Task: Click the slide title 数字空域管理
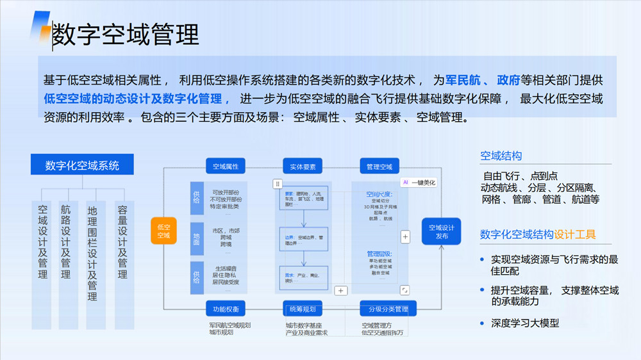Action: click(125, 35)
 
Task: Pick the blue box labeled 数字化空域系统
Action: click(82, 165)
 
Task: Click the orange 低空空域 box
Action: click(163, 231)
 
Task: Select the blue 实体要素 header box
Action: click(303, 167)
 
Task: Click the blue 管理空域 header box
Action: click(379, 167)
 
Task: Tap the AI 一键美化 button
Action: click(419, 183)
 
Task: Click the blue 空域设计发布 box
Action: click(441, 231)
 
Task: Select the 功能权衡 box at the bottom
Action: click(226, 309)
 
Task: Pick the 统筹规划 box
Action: click(303, 309)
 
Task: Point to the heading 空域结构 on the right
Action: click(501, 156)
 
